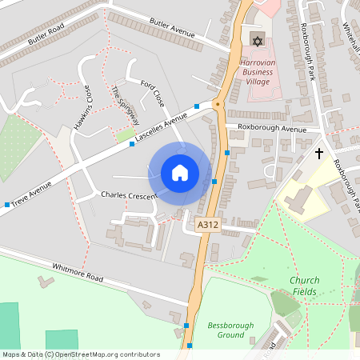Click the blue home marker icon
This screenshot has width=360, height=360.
click(x=180, y=172)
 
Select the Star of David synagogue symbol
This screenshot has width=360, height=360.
click(x=257, y=40)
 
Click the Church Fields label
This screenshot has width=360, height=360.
click(x=304, y=286)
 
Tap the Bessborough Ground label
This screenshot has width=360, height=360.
click(x=225, y=330)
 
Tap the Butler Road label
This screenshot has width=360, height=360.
click(x=46, y=34)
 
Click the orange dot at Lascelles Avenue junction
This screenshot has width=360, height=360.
click(x=216, y=104)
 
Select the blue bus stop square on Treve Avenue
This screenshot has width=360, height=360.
click(x=7, y=205)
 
